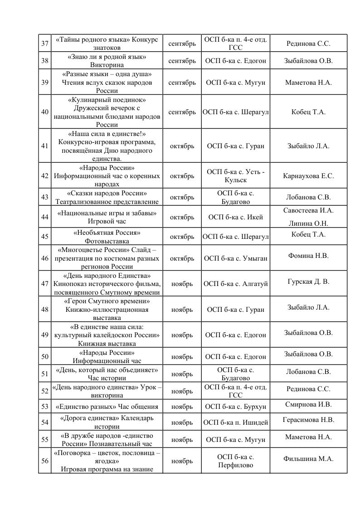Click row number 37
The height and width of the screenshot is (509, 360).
[x=45, y=44]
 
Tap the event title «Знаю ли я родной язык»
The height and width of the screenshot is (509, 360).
[x=107, y=57]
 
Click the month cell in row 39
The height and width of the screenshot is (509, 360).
[x=182, y=82]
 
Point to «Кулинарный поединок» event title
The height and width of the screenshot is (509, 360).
[x=107, y=99]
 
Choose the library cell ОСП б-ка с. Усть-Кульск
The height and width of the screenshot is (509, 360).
[x=235, y=176]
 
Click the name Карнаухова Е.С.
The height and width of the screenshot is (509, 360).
[x=308, y=176]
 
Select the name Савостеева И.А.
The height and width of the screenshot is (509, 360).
[x=308, y=210]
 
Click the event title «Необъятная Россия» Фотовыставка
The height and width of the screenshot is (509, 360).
[x=107, y=237]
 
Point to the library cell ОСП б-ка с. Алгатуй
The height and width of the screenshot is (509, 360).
[x=235, y=284]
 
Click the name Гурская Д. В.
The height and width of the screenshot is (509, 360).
[x=308, y=281]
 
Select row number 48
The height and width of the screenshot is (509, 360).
[x=45, y=310]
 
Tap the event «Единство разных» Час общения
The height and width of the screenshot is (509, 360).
[x=107, y=407]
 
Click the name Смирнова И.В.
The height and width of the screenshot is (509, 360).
[x=308, y=404]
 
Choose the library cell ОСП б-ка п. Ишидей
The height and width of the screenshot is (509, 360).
[x=235, y=422]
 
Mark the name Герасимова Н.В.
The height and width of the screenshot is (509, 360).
[x=308, y=420]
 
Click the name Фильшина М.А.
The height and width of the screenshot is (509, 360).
[x=308, y=458]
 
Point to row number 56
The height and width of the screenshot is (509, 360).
[x=45, y=461]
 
